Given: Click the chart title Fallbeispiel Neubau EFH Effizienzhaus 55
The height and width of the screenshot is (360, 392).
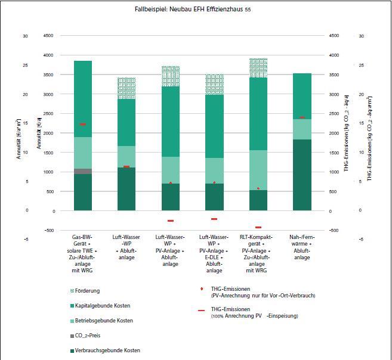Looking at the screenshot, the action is (x=193, y=10).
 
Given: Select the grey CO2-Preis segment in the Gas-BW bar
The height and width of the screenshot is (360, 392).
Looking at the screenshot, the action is (x=83, y=171).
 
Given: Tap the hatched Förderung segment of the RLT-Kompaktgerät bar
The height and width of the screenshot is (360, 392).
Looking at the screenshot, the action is (x=258, y=68).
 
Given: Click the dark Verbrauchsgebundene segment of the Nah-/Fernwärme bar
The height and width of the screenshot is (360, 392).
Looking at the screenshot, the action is (x=302, y=175).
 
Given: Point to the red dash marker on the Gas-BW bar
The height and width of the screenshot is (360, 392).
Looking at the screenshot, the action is (x=83, y=125).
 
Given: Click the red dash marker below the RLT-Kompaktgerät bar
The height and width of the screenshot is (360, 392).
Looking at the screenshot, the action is (x=258, y=227).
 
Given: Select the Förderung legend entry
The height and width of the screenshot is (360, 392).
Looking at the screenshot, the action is (x=85, y=291).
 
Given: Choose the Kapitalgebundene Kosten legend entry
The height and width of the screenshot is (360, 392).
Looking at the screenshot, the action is (x=100, y=306).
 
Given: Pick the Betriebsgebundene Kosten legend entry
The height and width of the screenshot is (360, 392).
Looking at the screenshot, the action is (x=101, y=321).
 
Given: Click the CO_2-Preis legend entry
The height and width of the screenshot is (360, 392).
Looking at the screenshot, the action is (x=85, y=336).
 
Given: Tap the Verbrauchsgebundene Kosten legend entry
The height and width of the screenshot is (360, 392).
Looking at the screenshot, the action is (x=105, y=350).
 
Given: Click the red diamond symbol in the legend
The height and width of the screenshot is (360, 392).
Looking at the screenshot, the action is (x=202, y=289).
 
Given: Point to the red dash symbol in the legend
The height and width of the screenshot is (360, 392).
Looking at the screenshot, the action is (x=202, y=311).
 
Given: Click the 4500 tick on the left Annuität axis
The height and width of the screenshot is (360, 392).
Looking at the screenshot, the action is (x=48, y=35).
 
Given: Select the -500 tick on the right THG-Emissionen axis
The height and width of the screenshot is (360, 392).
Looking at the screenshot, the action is (x=334, y=230).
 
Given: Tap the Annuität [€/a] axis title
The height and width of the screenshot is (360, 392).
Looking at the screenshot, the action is (x=39, y=133).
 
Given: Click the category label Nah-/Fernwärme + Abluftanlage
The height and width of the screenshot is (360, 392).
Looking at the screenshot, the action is (x=302, y=247).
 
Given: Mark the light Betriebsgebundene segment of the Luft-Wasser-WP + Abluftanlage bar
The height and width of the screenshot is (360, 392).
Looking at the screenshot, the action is (x=126, y=157).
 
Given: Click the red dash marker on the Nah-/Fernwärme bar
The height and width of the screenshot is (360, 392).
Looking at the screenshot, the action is (x=302, y=117).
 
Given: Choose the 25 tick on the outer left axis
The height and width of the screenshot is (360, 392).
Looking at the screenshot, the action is (x=25, y=66).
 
